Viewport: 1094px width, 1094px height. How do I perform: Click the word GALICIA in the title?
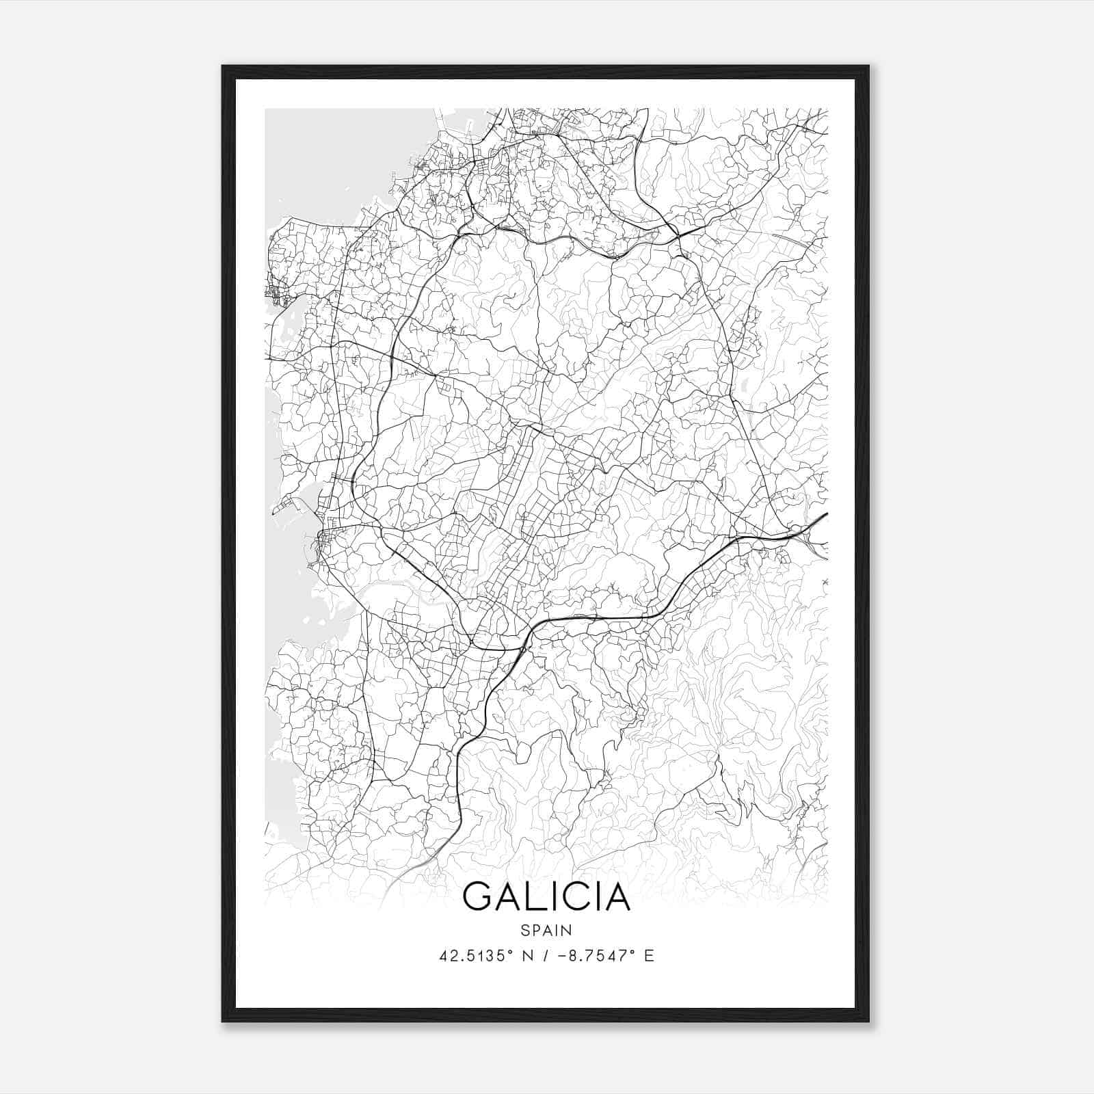(546, 896)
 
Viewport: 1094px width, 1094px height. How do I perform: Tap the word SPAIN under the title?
(546, 930)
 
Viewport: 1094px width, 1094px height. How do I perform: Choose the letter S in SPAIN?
(524, 930)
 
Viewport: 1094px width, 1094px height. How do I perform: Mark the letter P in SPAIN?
(535, 930)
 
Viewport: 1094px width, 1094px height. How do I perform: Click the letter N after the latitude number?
(527, 956)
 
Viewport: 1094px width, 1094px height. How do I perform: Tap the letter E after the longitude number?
(650, 956)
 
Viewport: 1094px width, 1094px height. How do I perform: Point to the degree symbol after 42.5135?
(511, 952)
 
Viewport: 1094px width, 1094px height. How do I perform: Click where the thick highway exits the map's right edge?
(826, 513)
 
